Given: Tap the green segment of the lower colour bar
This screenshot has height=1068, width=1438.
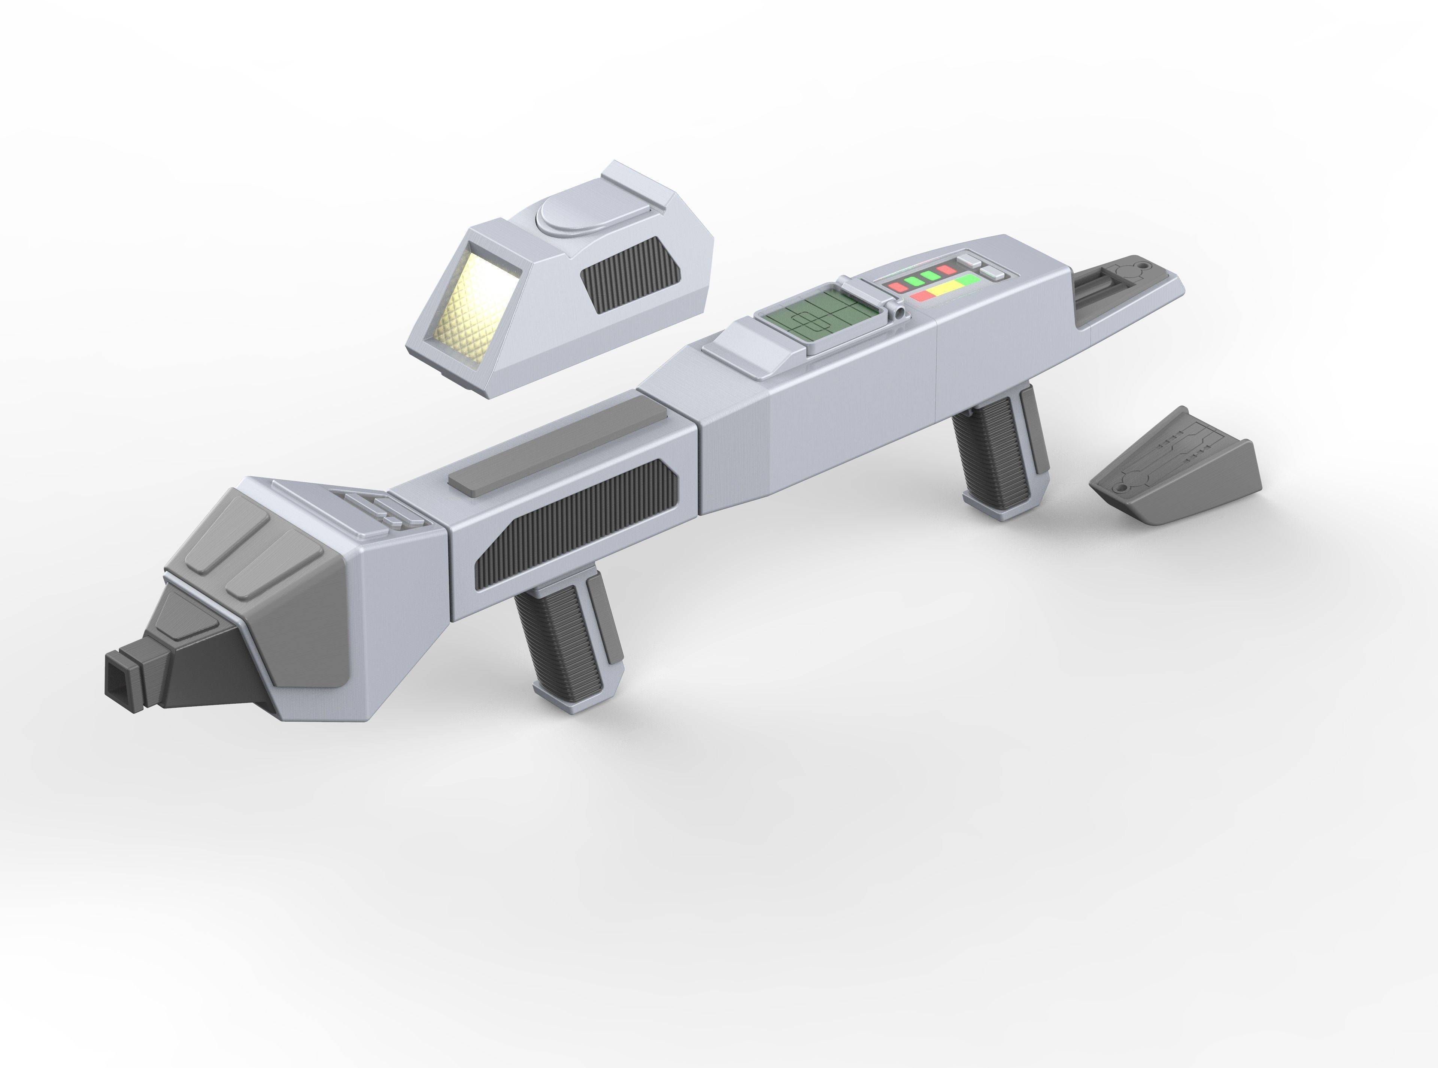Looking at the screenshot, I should (968, 280).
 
